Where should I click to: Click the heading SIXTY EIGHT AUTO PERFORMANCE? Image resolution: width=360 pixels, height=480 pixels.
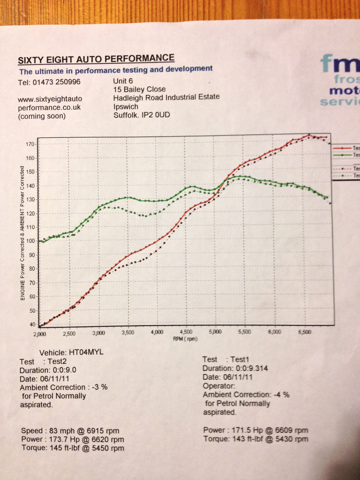(x=96, y=59)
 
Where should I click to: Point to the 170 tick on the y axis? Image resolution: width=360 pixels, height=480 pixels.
(x=30, y=144)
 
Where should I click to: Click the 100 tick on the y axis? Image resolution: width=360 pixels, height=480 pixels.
(x=30, y=241)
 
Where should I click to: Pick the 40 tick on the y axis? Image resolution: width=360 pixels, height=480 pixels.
(x=31, y=324)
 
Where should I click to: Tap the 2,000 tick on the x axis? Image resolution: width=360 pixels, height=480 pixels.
(x=40, y=334)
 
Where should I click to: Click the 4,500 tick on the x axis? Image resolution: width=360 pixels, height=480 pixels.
(x=186, y=332)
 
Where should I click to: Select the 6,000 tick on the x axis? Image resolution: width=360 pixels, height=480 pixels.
(x=274, y=331)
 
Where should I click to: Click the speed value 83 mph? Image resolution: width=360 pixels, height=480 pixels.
(x=58, y=430)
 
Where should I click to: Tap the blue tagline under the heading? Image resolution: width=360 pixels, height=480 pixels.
(x=116, y=70)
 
